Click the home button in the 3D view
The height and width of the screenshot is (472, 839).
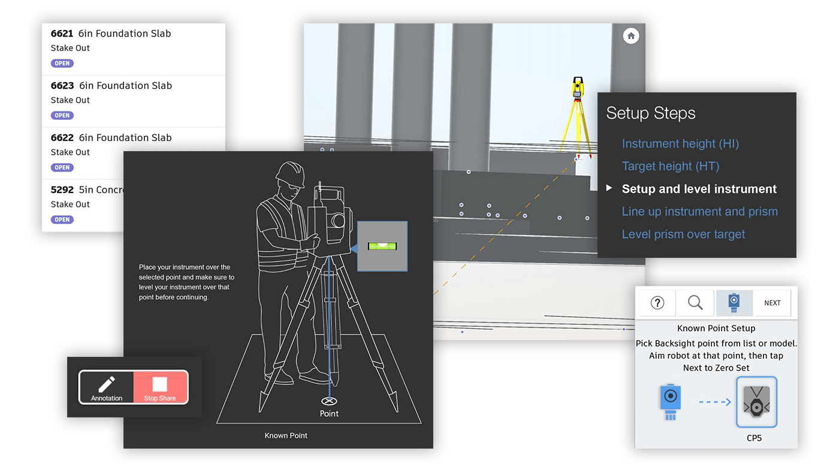pyautogui.click(x=630, y=36)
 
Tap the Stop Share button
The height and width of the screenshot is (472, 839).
pyautogui.click(x=161, y=387)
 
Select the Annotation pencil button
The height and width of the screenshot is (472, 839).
pyautogui.click(x=107, y=387)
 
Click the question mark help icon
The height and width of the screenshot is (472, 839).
pyautogui.click(x=657, y=302)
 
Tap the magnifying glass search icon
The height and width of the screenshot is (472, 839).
pyautogui.click(x=695, y=302)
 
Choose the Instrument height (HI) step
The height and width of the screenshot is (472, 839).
pyautogui.click(x=680, y=143)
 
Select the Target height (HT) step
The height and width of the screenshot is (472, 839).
pyautogui.click(x=671, y=166)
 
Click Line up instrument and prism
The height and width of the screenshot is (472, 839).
pyautogui.click(x=700, y=212)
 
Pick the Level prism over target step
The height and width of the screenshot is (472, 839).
pyautogui.click(x=683, y=235)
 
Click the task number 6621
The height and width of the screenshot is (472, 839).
pyautogui.click(x=62, y=34)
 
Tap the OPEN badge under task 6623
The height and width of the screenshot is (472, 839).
pyautogui.click(x=62, y=116)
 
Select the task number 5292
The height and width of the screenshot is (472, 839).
pyautogui.click(x=62, y=190)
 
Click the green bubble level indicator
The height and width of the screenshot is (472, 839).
pyautogui.click(x=382, y=246)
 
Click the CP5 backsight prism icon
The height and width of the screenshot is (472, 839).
pyautogui.click(x=756, y=402)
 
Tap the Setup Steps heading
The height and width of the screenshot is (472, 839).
pyautogui.click(x=651, y=113)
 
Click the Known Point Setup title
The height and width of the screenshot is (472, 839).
pyautogui.click(x=716, y=329)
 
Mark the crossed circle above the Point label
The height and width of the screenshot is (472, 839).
pyautogui.click(x=329, y=401)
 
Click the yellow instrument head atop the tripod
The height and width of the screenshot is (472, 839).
pyautogui.click(x=578, y=88)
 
